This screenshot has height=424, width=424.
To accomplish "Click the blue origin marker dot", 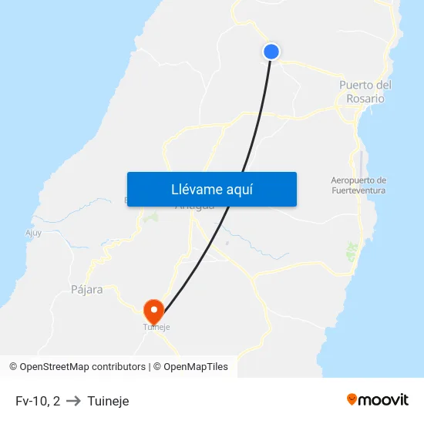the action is click(x=271, y=52).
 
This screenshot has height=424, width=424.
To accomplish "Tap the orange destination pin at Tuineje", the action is click(x=154, y=310).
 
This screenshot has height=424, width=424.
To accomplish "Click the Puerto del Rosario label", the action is click(x=365, y=92).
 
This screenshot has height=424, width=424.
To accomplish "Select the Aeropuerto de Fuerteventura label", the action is click(x=358, y=185).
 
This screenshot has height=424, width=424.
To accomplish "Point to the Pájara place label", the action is click(x=86, y=290).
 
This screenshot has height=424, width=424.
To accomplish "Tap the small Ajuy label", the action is click(x=33, y=232).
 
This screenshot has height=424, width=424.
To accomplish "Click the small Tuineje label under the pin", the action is click(x=156, y=327).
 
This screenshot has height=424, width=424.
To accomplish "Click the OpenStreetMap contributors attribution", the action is click(x=77, y=367).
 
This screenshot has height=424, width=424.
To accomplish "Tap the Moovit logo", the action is click(x=377, y=400).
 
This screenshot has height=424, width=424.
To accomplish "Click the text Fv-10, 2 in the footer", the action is click(x=38, y=401).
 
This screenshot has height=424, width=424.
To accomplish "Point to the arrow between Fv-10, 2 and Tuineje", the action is click(x=73, y=401).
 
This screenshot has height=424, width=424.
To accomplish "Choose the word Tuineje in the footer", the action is click(x=108, y=401).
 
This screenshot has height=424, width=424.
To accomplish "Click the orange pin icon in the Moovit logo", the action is click(x=352, y=399).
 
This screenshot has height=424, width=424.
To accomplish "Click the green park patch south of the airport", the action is click(x=352, y=249).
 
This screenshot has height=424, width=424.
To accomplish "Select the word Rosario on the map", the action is click(x=365, y=99).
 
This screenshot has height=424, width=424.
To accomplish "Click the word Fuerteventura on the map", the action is click(x=358, y=190).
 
